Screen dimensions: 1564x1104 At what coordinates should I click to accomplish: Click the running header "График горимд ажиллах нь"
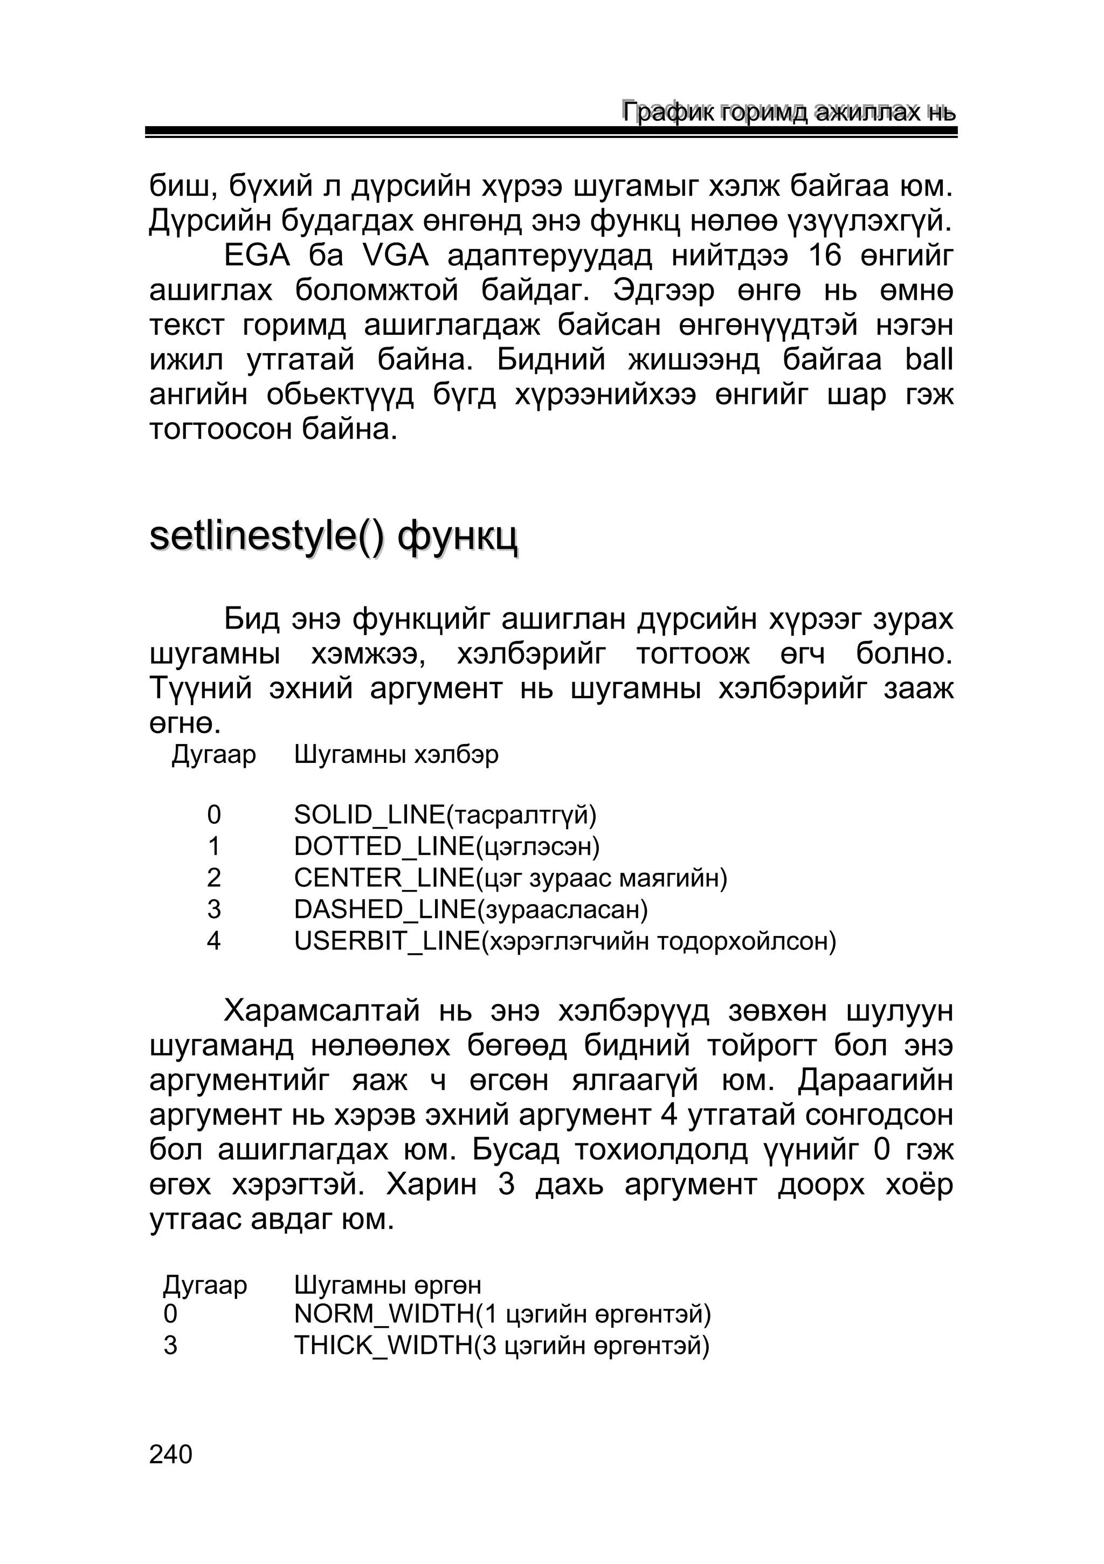click(789, 112)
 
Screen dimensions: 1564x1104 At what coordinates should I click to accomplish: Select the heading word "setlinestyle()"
click(266, 538)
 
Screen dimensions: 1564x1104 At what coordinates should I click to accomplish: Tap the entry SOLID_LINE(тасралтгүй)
click(445, 815)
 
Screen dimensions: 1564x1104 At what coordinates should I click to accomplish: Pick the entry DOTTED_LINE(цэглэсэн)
click(447, 847)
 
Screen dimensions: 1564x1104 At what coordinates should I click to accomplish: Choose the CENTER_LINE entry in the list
click(511, 878)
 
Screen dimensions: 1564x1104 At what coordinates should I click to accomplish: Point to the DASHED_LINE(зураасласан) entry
click(471, 910)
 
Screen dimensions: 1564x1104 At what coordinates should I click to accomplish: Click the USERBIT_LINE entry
click(564, 941)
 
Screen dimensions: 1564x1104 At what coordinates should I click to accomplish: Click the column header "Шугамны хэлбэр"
click(396, 755)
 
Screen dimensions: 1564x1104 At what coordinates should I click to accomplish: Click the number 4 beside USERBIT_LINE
click(214, 941)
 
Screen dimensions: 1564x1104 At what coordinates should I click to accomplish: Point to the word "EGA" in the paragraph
click(257, 256)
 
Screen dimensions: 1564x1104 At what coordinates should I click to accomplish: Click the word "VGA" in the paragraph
click(396, 256)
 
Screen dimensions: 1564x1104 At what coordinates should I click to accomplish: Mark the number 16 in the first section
click(825, 256)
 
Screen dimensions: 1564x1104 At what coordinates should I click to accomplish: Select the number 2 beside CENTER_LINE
click(214, 878)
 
